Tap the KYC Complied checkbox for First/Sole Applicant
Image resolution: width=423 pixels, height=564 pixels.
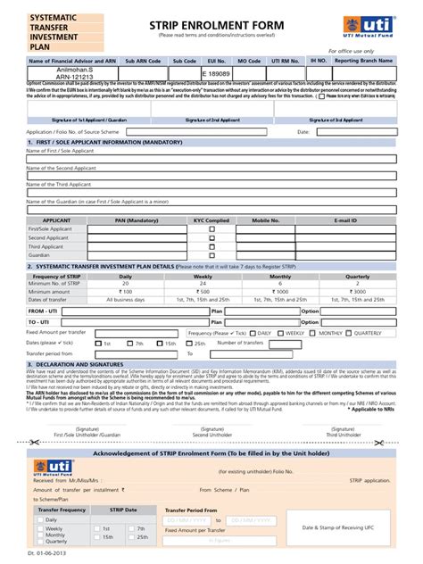(211, 229)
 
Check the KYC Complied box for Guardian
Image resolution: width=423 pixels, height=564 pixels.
(211, 255)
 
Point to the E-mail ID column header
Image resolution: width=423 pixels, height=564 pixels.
(345, 220)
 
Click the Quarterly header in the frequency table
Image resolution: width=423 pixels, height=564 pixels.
(358, 277)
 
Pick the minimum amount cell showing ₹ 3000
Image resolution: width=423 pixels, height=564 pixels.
(358, 292)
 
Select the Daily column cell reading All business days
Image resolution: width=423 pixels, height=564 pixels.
(126, 299)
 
